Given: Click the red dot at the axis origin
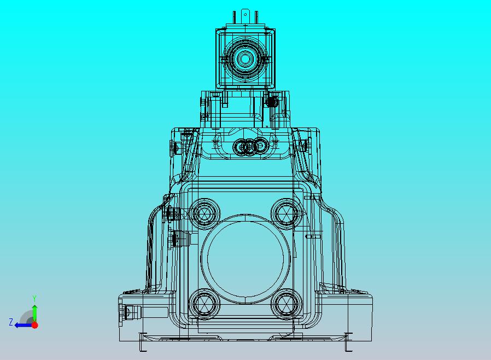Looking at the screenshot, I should point(34,325).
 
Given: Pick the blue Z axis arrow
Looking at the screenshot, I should point(21,325).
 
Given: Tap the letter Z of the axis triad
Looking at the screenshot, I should point(11,322).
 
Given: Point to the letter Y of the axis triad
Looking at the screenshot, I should point(34,298).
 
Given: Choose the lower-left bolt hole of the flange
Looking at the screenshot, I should point(204,303).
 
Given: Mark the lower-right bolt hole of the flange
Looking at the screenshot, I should point(285,303).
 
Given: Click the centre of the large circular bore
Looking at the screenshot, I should point(244,258).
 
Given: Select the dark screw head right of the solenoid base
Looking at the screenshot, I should point(271,101).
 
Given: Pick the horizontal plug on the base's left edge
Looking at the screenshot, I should point(128,312).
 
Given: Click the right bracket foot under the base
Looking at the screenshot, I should point(348,341).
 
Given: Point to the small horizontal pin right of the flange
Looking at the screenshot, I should point(313,236).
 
